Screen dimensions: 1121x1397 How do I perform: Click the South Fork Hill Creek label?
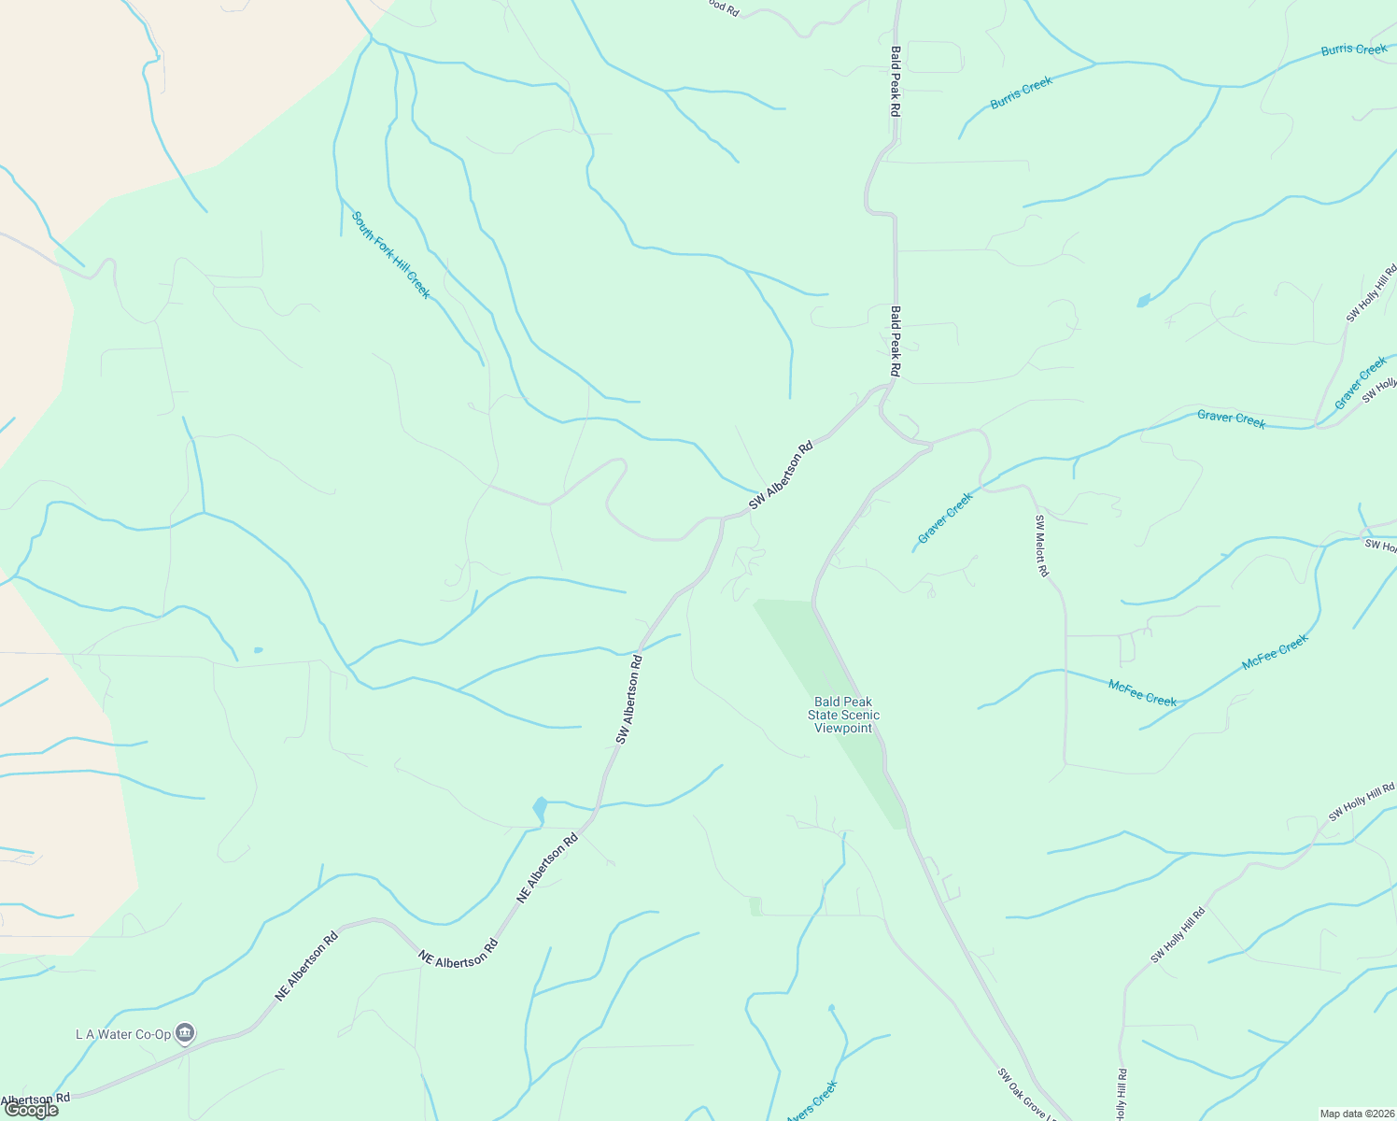pyautogui.click(x=390, y=254)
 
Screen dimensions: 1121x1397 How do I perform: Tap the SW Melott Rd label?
pyautogui.click(x=1041, y=546)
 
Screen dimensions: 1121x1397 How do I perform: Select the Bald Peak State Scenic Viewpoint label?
pyautogui.click(x=843, y=715)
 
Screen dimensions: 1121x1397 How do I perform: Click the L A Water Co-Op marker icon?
pyautogui.click(x=185, y=1032)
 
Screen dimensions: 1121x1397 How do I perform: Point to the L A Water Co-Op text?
pyautogui.click(x=123, y=1034)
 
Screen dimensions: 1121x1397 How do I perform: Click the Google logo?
pyautogui.click(x=31, y=1110)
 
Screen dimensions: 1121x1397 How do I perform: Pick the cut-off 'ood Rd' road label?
pyautogui.click(x=722, y=7)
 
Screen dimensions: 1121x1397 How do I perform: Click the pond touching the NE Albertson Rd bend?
pyautogui.click(x=539, y=809)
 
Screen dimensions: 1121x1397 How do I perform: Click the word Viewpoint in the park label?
pyautogui.click(x=843, y=729)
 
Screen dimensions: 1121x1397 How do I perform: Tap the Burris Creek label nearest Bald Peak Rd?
pyautogui.click(x=1021, y=92)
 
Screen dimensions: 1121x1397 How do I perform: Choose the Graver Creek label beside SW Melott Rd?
pyautogui.click(x=945, y=518)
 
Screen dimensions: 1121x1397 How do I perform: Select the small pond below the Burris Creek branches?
pyautogui.click(x=1143, y=301)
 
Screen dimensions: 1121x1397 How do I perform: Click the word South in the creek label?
pyautogui.click(x=361, y=224)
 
